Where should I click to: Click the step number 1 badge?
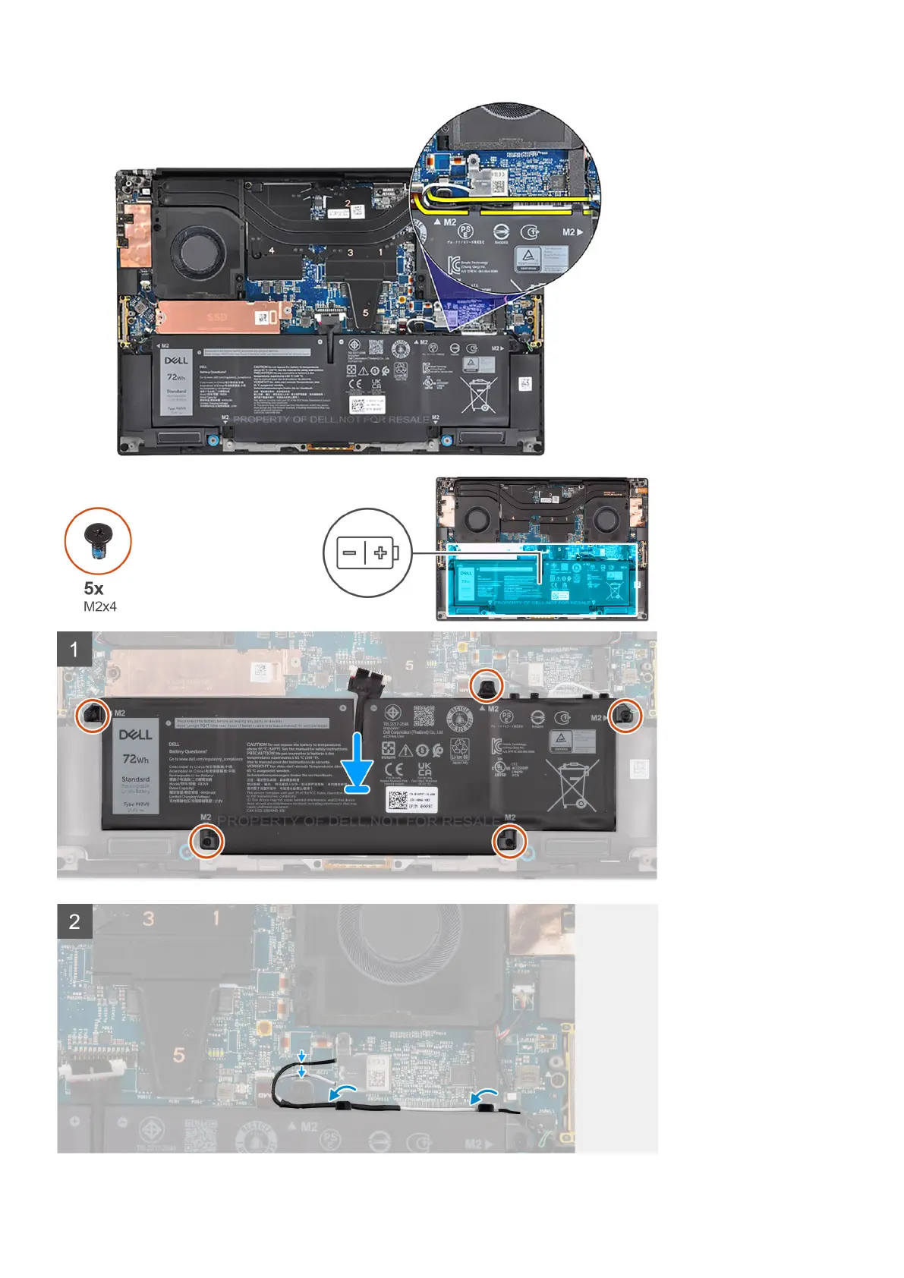point(74,650)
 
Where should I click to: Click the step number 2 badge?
point(74,921)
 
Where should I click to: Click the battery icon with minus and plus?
point(367,552)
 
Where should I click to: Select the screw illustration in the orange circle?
point(98,541)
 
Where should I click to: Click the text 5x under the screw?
point(94,588)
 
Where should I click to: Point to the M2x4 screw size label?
point(100,606)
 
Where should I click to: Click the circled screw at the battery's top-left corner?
point(93,714)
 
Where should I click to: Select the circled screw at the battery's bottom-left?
point(207,841)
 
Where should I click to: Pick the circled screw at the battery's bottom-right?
point(509,841)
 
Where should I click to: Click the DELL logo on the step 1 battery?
point(135,735)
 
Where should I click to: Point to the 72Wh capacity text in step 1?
point(136,759)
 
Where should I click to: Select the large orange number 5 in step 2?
point(179,1055)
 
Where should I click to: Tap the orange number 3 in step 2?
point(149,918)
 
